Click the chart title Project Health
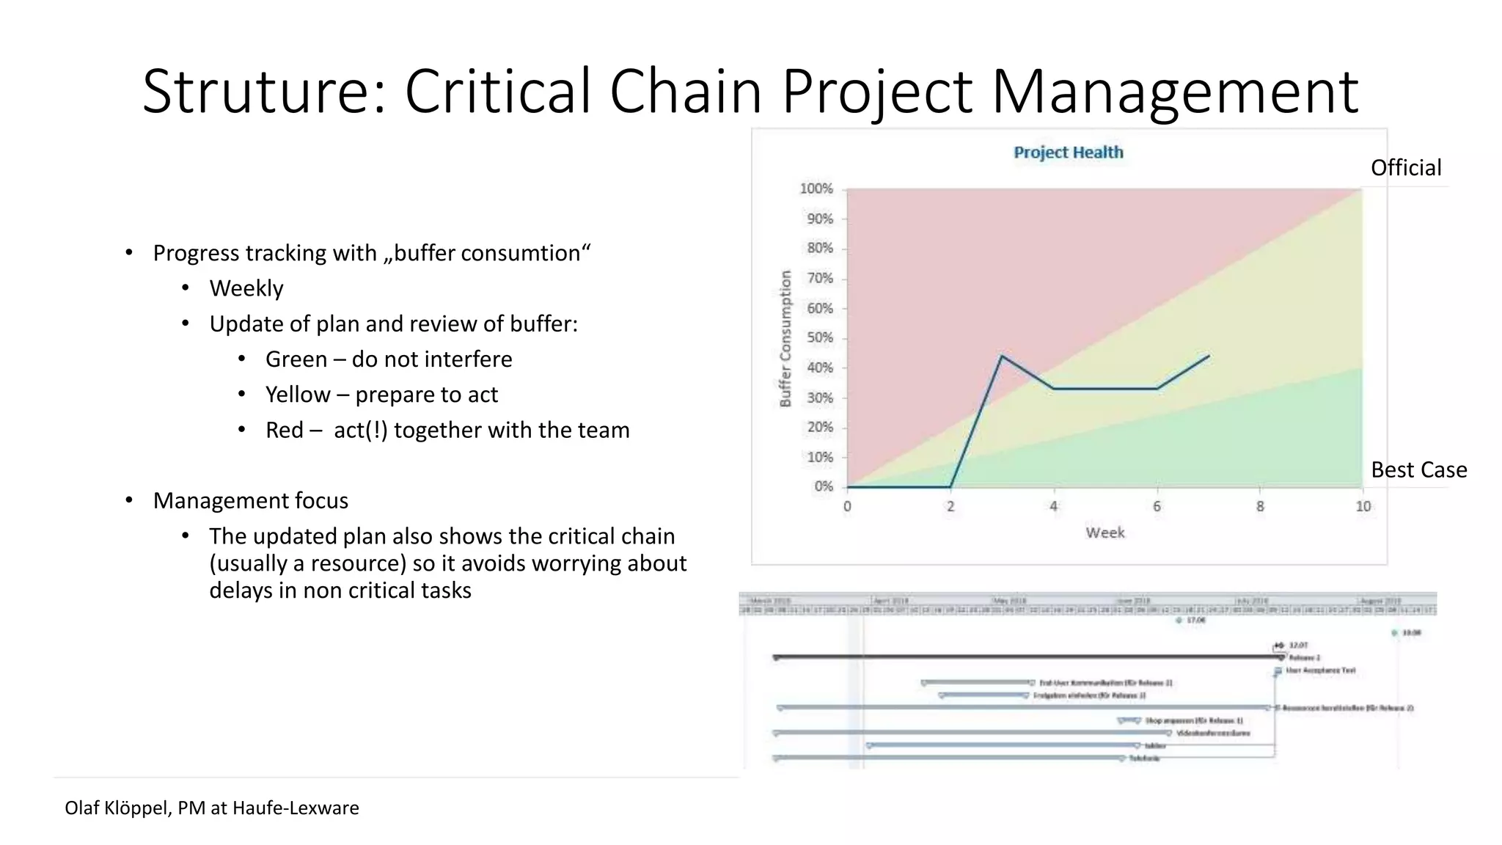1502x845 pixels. tap(1068, 153)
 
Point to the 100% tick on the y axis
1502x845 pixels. tap(816, 189)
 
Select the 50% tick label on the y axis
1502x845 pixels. tap(819, 338)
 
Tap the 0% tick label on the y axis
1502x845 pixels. tap(823, 487)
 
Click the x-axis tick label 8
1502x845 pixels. tap(1260, 507)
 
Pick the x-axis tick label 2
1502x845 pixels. tap(950, 507)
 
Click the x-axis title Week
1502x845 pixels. tap(1104, 533)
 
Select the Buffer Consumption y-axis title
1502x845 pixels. tap(785, 338)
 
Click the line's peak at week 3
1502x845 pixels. tap(1002, 356)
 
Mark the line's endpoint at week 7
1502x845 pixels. tap(1209, 356)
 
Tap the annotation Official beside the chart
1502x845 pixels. tap(1405, 168)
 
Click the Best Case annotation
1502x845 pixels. tap(1418, 470)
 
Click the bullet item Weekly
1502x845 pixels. tap(246, 288)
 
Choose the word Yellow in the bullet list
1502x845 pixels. tap(297, 395)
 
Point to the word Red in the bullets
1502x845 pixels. tap(284, 430)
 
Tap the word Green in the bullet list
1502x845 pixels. tap(296, 359)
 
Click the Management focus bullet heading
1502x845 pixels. tap(250, 501)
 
